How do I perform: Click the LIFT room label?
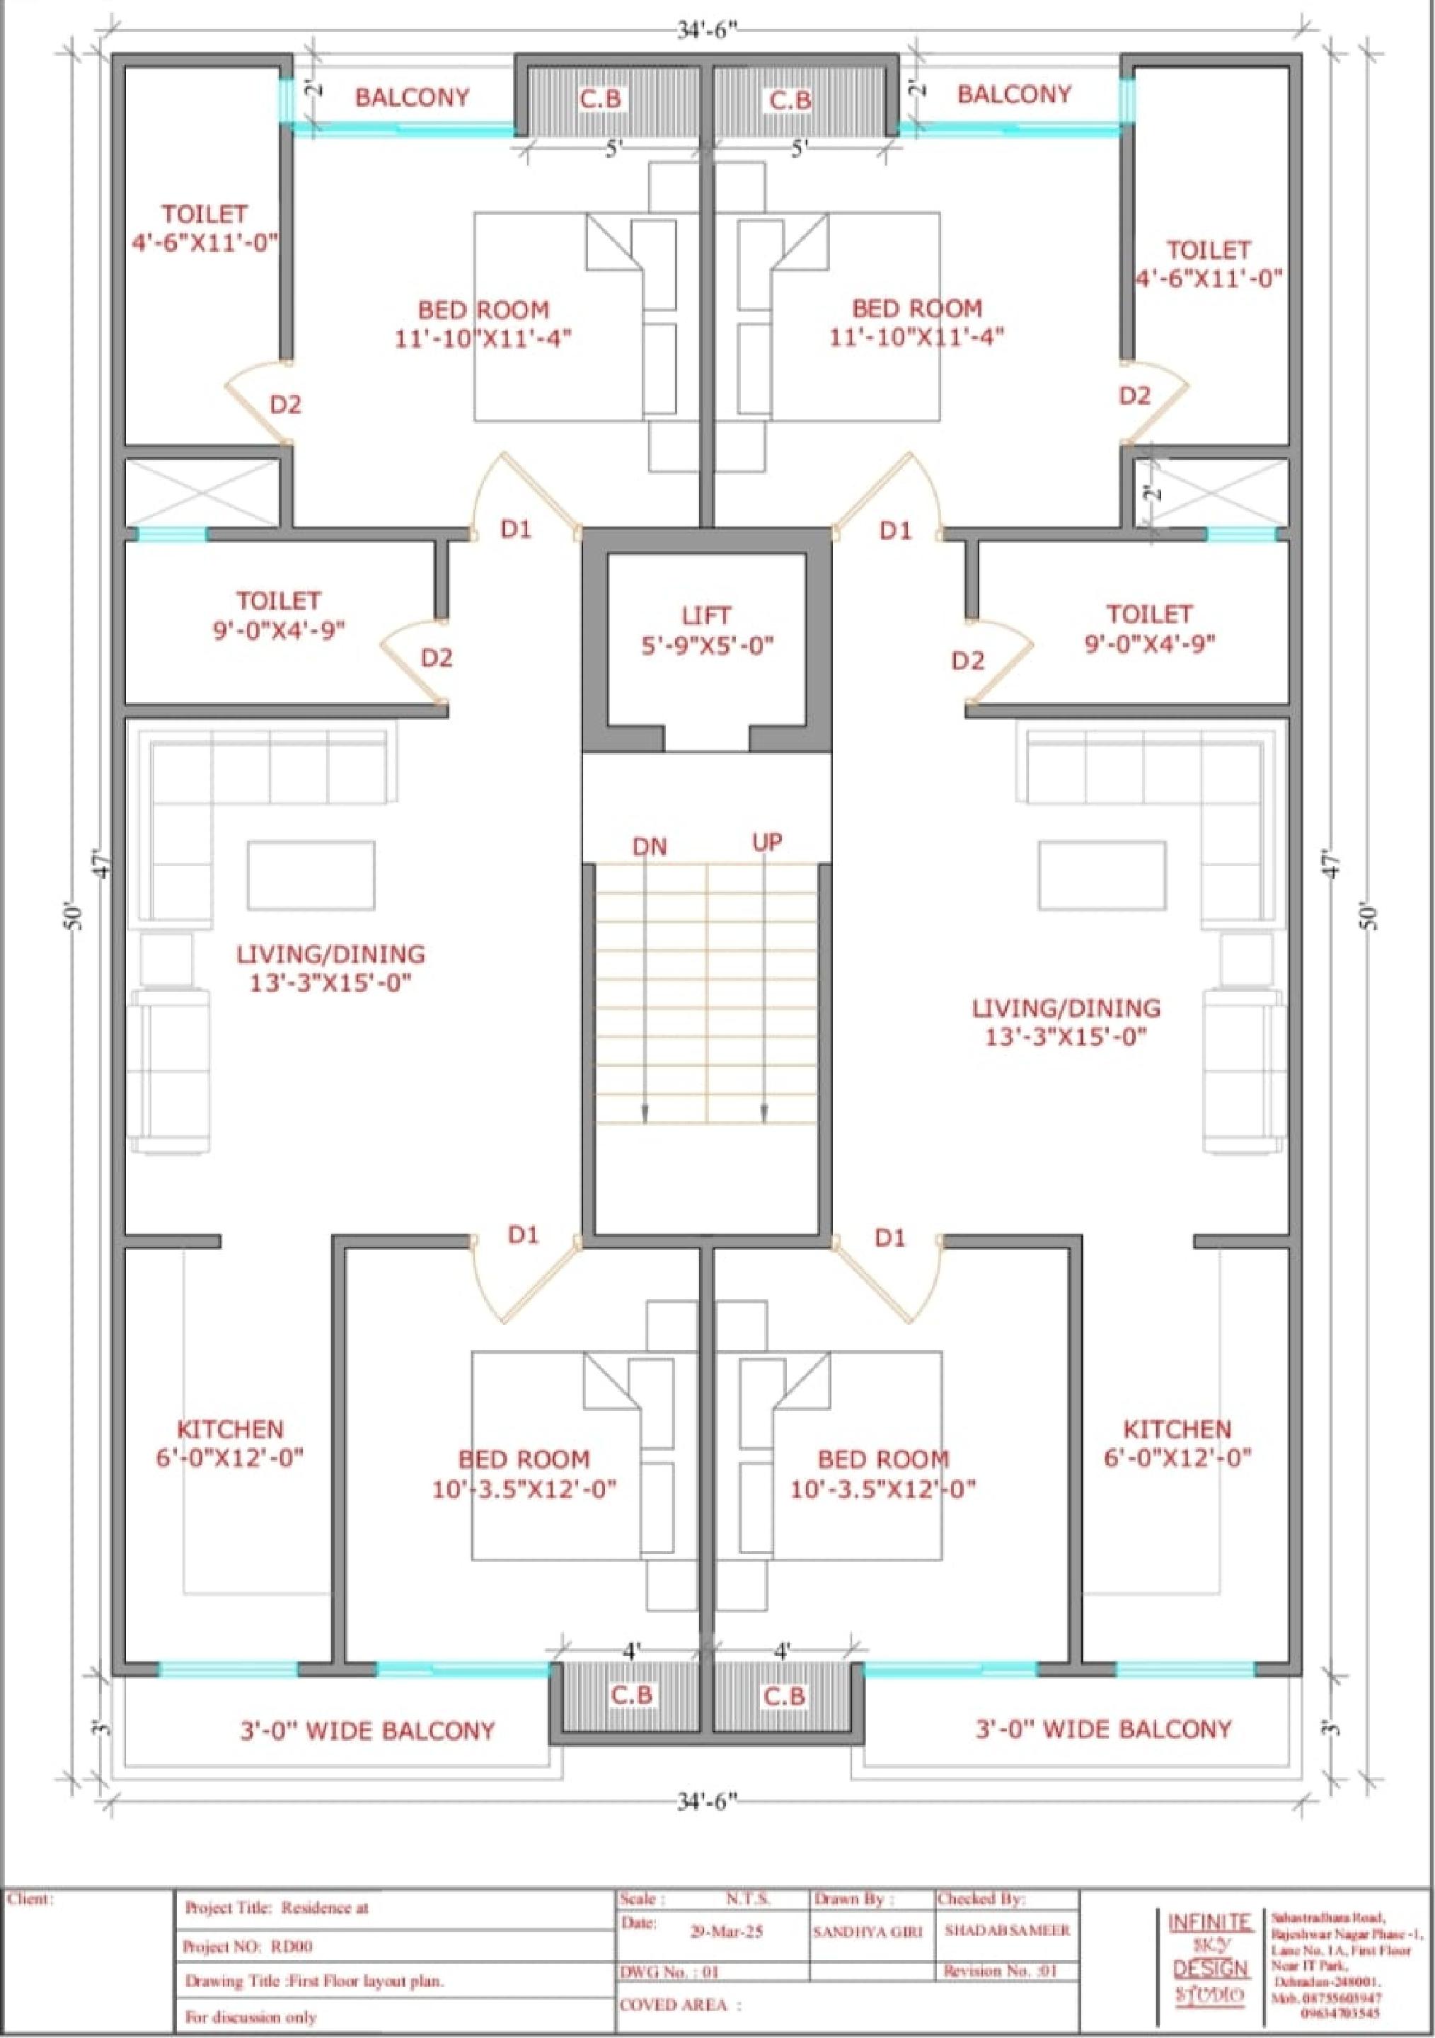click(x=706, y=615)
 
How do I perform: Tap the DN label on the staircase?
click(x=649, y=847)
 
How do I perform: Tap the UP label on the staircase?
click(x=767, y=842)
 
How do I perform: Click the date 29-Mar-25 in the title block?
click(x=727, y=1931)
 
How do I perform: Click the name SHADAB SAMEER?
click(x=1006, y=1930)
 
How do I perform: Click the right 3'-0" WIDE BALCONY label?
click(x=1103, y=1729)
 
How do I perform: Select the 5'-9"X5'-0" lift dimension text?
click(x=708, y=645)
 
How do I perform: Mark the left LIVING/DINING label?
click(x=330, y=954)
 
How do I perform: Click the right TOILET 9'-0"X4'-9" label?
click(x=1148, y=628)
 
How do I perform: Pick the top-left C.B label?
click(x=600, y=99)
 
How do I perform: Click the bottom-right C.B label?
click(x=785, y=1696)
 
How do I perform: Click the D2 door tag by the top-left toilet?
click(x=285, y=405)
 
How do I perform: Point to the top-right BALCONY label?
click(x=1013, y=94)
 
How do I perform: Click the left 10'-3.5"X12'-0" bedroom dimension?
click(x=524, y=1490)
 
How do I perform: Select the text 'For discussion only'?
click(x=250, y=2017)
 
